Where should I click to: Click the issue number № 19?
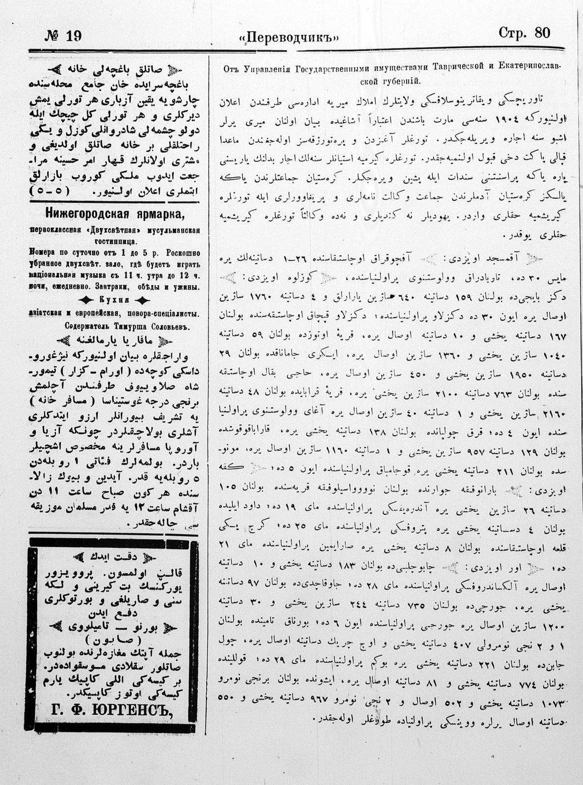click(x=64, y=35)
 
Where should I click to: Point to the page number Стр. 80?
click(x=524, y=33)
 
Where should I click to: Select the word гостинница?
click(x=115, y=241)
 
